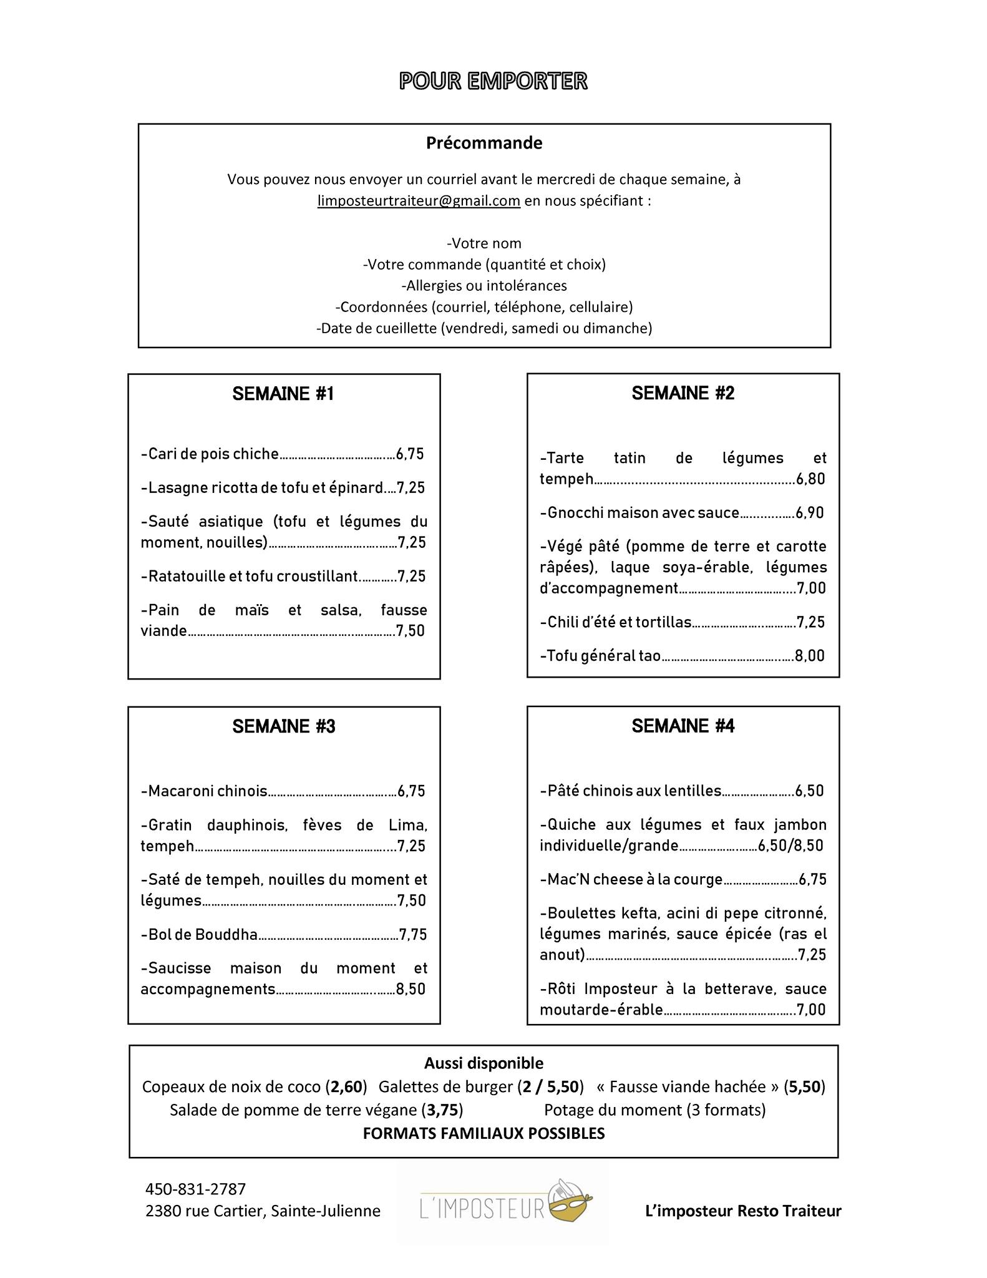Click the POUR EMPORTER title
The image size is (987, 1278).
coord(493,81)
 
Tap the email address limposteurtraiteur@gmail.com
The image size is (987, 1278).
coord(419,201)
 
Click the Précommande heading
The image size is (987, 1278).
coord(484,143)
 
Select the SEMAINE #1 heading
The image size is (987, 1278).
coord(283,394)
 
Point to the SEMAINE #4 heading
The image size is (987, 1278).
coord(683,726)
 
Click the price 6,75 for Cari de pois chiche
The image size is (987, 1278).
coord(410,454)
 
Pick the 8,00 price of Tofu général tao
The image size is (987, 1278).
coord(810,656)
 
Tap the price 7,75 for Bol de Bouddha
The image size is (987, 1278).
coord(413,934)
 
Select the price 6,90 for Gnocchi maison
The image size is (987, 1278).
coord(810,513)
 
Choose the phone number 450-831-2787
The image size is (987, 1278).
coord(196,1189)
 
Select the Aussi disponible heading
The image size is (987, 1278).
coord(484,1063)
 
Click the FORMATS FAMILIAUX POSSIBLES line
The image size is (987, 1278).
coord(484,1133)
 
